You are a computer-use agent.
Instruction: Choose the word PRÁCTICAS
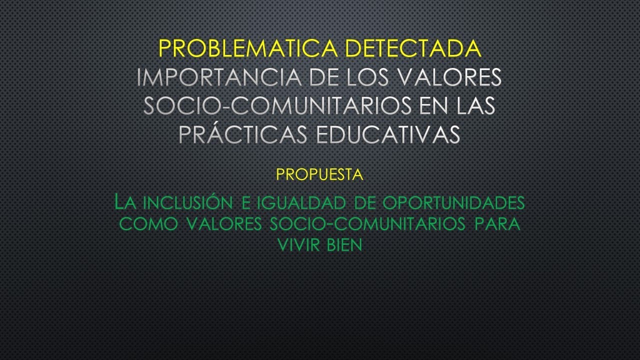(x=239, y=134)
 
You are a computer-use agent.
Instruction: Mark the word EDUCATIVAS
(x=382, y=134)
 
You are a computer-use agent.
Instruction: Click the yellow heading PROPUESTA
(x=319, y=175)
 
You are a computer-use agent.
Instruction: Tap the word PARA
(x=497, y=224)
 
